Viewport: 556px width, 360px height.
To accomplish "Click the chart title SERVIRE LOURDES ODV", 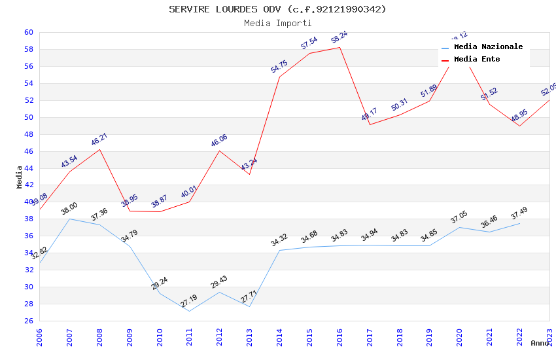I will click(277, 9).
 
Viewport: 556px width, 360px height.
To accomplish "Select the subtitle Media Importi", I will click(277, 23).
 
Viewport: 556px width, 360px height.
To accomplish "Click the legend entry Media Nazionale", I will click(488, 46).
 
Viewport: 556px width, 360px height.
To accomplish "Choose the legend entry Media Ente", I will click(477, 59).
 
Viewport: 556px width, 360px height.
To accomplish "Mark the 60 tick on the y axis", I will click(29, 32).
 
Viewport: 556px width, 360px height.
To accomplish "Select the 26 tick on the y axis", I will click(29, 321).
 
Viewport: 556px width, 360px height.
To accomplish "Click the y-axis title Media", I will click(20, 177).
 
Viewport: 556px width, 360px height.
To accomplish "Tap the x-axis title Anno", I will click(540, 343).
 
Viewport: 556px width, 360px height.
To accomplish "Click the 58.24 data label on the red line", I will click(339, 35).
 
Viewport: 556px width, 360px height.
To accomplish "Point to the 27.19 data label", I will click(189, 301).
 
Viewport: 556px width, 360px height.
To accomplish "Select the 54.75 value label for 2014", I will click(279, 65).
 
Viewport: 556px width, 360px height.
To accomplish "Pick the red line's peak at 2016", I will click(339, 47).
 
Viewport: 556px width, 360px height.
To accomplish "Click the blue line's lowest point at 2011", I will click(189, 311).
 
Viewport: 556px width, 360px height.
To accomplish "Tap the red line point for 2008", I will click(99, 149).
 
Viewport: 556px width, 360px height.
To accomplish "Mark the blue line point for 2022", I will click(519, 223).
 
